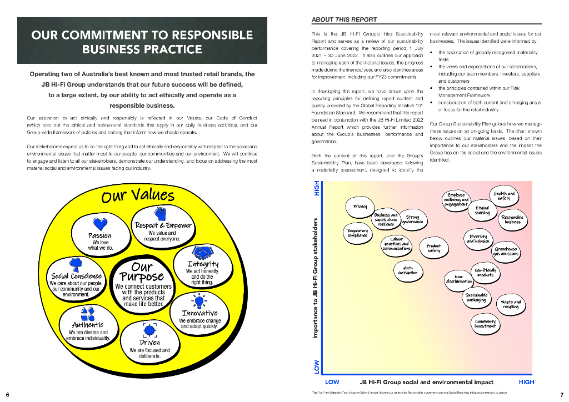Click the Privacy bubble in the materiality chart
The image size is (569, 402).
tap(360, 207)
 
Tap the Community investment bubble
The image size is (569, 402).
tap(485, 324)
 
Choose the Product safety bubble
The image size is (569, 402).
tap(433, 248)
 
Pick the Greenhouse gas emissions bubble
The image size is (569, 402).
tap(506, 252)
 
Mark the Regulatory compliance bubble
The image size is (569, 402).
tap(357, 233)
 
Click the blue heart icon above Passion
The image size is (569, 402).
tap(100, 224)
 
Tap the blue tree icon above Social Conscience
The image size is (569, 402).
tap(76, 264)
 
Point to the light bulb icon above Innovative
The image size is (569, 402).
tap(199, 301)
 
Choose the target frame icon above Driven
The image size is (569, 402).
tap(149, 330)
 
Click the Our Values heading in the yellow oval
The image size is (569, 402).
tap(138, 196)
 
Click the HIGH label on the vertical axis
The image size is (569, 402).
tap(317, 190)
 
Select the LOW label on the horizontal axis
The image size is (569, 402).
tap(332, 382)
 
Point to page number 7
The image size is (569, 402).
tap(562, 394)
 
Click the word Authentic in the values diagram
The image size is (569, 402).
tap(88, 325)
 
